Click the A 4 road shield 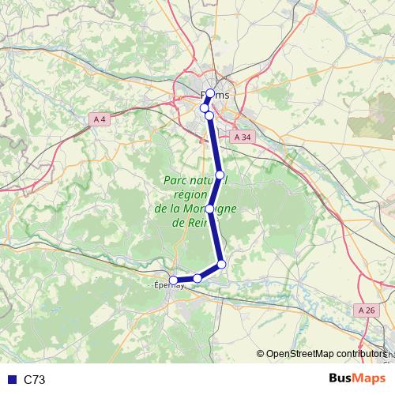pos(99,119)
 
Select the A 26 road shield pos(367,310)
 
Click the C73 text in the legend pos(35,380)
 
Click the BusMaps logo pos(357,379)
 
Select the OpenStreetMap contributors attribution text pos(327,354)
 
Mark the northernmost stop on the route pos(210,94)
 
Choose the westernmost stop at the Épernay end pos(174,280)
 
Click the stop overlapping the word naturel pos(220,175)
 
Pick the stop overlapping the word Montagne pos(209,209)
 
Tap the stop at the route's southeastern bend pos(222,264)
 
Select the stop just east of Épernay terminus pos(197,278)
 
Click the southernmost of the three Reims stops pos(209,115)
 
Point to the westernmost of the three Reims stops pos(204,108)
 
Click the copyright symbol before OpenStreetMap pos(261,354)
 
